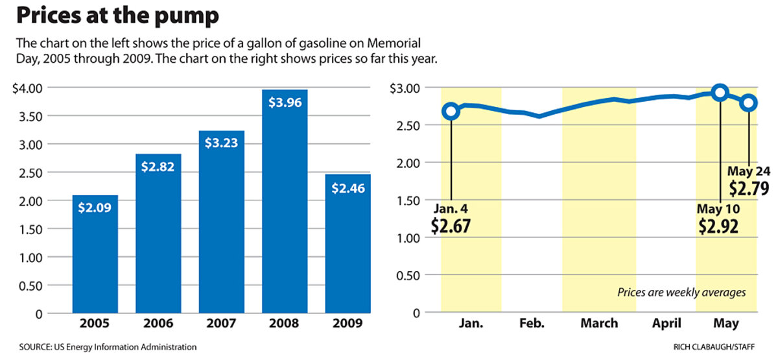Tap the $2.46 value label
point(348,189)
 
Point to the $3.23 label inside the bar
point(222,141)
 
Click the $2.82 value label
point(159,165)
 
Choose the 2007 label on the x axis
point(222,323)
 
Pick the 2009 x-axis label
point(348,323)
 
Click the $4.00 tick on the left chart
point(27,88)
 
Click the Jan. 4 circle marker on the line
point(451,112)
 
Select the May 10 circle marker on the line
point(719,93)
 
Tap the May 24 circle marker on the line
point(748,102)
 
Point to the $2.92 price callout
point(719,226)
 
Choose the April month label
point(666,323)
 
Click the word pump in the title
point(183,16)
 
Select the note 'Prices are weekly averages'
point(681,293)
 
